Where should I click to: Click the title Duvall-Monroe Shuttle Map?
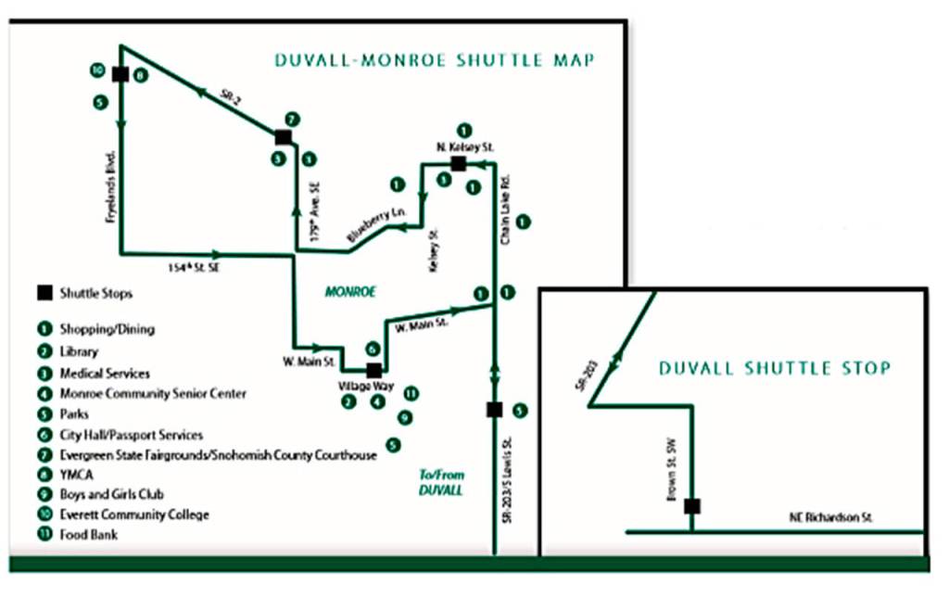point(434,61)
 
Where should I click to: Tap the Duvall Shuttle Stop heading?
point(775,368)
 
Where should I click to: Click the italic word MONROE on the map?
point(350,291)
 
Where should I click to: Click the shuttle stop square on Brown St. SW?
point(691,506)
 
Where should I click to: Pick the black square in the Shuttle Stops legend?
point(44,294)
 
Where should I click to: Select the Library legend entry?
point(79,352)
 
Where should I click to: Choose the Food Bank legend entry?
point(88,535)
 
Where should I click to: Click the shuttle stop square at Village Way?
point(373,371)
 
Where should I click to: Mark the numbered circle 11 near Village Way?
point(411,394)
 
